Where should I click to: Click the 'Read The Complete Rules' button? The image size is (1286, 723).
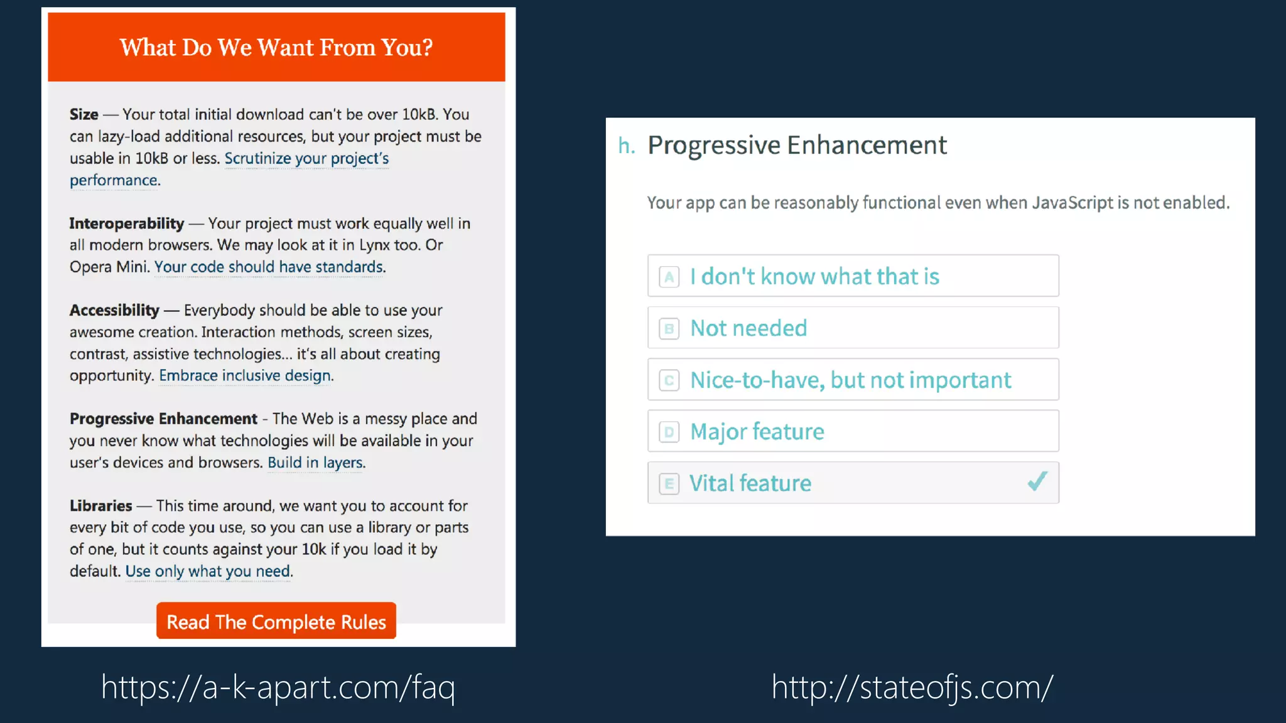point(276,621)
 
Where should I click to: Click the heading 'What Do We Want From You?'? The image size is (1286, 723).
point(276,48)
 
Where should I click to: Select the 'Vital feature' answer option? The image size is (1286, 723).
point(853,483)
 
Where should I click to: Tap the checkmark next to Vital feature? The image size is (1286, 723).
point(1037,482)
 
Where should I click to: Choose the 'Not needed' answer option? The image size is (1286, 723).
point(853,328)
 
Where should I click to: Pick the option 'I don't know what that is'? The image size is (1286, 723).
point(853,276)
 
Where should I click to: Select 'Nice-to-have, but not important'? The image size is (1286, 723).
point(853,380)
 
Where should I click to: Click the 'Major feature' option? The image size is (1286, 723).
point(853,432)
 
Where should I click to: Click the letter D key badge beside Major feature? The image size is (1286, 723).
point(669,432)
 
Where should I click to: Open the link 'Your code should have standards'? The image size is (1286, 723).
point(269,267)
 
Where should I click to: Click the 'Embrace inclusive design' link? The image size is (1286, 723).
point(245,376)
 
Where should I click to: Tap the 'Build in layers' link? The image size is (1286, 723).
point(315,463)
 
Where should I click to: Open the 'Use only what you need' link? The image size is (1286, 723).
point(208,572)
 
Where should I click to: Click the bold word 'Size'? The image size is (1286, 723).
point(84,115)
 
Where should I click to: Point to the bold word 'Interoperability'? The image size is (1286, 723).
point(127,224)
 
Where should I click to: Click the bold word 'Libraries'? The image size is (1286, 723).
point(100,506)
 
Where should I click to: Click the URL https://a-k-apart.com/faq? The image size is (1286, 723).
point(278,687)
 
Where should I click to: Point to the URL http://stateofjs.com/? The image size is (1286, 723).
point(912,687)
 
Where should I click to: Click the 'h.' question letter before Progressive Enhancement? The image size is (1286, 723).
point(626,146)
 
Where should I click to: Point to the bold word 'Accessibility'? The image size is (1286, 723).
point(114,311)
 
